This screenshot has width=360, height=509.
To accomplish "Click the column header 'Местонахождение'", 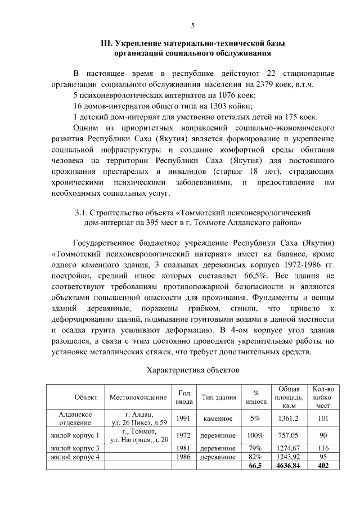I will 138,397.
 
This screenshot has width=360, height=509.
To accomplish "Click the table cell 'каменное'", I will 218,418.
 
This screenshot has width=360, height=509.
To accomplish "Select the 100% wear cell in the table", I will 256,435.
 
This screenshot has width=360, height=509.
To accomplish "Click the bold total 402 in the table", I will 323,466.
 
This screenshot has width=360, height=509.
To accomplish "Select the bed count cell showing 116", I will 323,448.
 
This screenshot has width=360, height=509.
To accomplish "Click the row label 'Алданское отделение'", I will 75,418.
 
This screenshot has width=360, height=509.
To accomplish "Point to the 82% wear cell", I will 256,457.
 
